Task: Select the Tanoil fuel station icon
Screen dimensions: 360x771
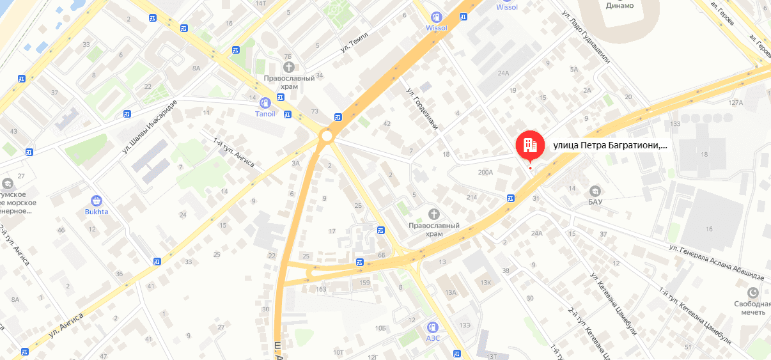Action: [265, 102]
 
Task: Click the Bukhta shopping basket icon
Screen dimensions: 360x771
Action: [97, 200]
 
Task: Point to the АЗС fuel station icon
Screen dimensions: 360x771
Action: [433, 327]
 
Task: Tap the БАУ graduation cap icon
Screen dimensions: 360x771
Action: [595, 191]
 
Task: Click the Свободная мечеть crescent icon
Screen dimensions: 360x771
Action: [753, 292]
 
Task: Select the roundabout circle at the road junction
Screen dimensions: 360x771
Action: [327, 136]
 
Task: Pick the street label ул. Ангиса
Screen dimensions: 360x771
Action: [66, 325]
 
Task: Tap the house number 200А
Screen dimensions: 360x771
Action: [486, 172]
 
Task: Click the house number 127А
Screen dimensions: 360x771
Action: [736, 103]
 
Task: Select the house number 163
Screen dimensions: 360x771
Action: [321, 290]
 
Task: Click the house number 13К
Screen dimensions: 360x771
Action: [486, 282]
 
